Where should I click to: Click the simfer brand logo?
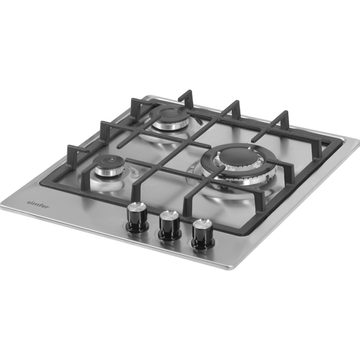38,204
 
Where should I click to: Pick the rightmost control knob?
203,234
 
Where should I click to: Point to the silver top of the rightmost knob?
203,224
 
